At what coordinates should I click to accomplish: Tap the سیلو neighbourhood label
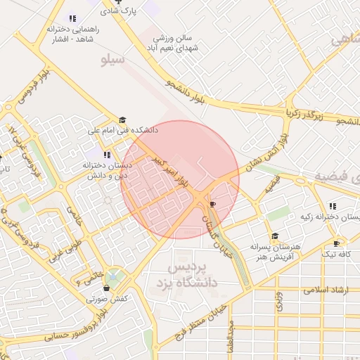[113, 60]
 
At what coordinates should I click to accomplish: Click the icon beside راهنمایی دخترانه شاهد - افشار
[72, 18]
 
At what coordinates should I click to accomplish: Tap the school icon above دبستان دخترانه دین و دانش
[107, 154]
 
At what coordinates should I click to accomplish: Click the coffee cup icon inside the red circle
[212, 204]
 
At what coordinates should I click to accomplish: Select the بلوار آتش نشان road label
[263, 150]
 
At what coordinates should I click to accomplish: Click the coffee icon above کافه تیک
[336, 243]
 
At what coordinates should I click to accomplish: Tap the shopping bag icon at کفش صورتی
[106, 287]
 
